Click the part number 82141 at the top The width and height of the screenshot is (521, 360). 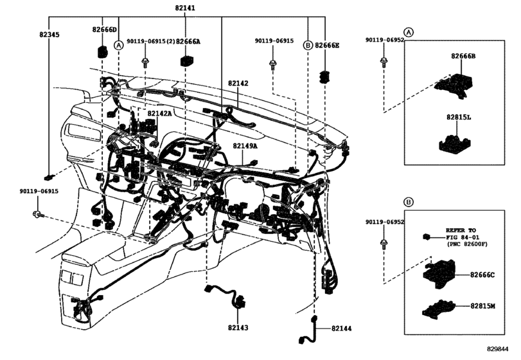tap(185, 8)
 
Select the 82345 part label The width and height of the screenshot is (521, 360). tap(49, 34)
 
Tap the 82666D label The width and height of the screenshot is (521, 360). tap(104, 30)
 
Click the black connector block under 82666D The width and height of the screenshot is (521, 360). tap(102, 51)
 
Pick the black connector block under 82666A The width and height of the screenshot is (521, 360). tap(186, 60)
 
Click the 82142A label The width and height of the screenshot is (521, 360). tap(159, 113)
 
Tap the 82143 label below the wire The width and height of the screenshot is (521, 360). tap(238, 328)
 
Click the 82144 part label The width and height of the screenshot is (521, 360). tap(341, 328)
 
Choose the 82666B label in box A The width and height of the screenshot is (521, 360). tap(463, 56)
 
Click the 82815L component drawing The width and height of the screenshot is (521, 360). tap(455, 143)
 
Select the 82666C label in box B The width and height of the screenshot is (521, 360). tap(482, 275)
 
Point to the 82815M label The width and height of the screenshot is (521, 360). tap(482, 306)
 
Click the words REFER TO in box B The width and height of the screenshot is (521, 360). tap(461, 230)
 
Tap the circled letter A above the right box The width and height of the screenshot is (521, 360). tap(409, 32)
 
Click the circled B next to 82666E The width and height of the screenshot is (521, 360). tap(308, 45)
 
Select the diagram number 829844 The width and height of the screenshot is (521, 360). tap(498, 348)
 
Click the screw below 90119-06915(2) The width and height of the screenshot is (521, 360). tap(145, 62)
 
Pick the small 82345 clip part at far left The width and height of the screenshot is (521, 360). tap(49, 177)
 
